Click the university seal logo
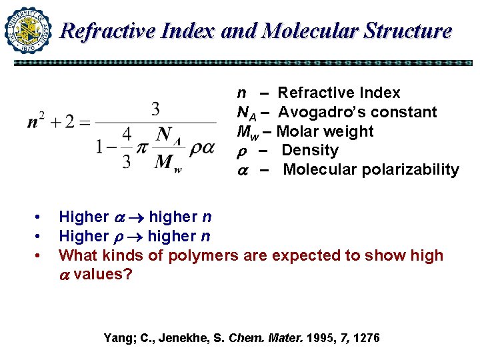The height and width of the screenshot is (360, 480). tap(28, 30)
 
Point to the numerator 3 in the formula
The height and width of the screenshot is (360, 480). tap(155, 109)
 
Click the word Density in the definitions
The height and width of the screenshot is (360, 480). tap(310, 151)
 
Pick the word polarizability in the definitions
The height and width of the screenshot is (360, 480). tap(410, 169)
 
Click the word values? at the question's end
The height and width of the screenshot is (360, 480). tap(103, 275)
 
